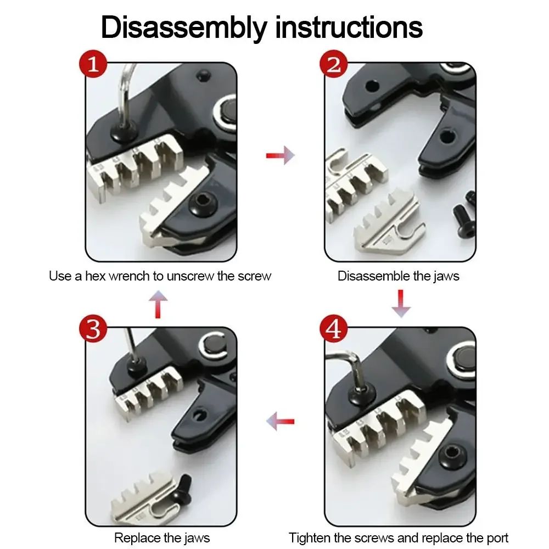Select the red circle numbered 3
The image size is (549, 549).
pyautogui.click(x=93, y=329)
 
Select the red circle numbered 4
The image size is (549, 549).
pyautogui.click(x=334, y=329)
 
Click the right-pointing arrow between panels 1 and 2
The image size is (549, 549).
pyautogui.click(x=281, y=156)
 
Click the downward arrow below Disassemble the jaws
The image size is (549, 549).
pyautogui.click(x=401, y=304)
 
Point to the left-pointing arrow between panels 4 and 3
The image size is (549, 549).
pyautogui.click(x=281, y=422)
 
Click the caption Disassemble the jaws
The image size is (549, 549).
pyautogui.click(x=398, y=276)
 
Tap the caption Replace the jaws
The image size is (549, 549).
pyautogui.click(x=161, y=537)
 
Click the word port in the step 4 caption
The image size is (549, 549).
pyautogui.click(x=495, y=537)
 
